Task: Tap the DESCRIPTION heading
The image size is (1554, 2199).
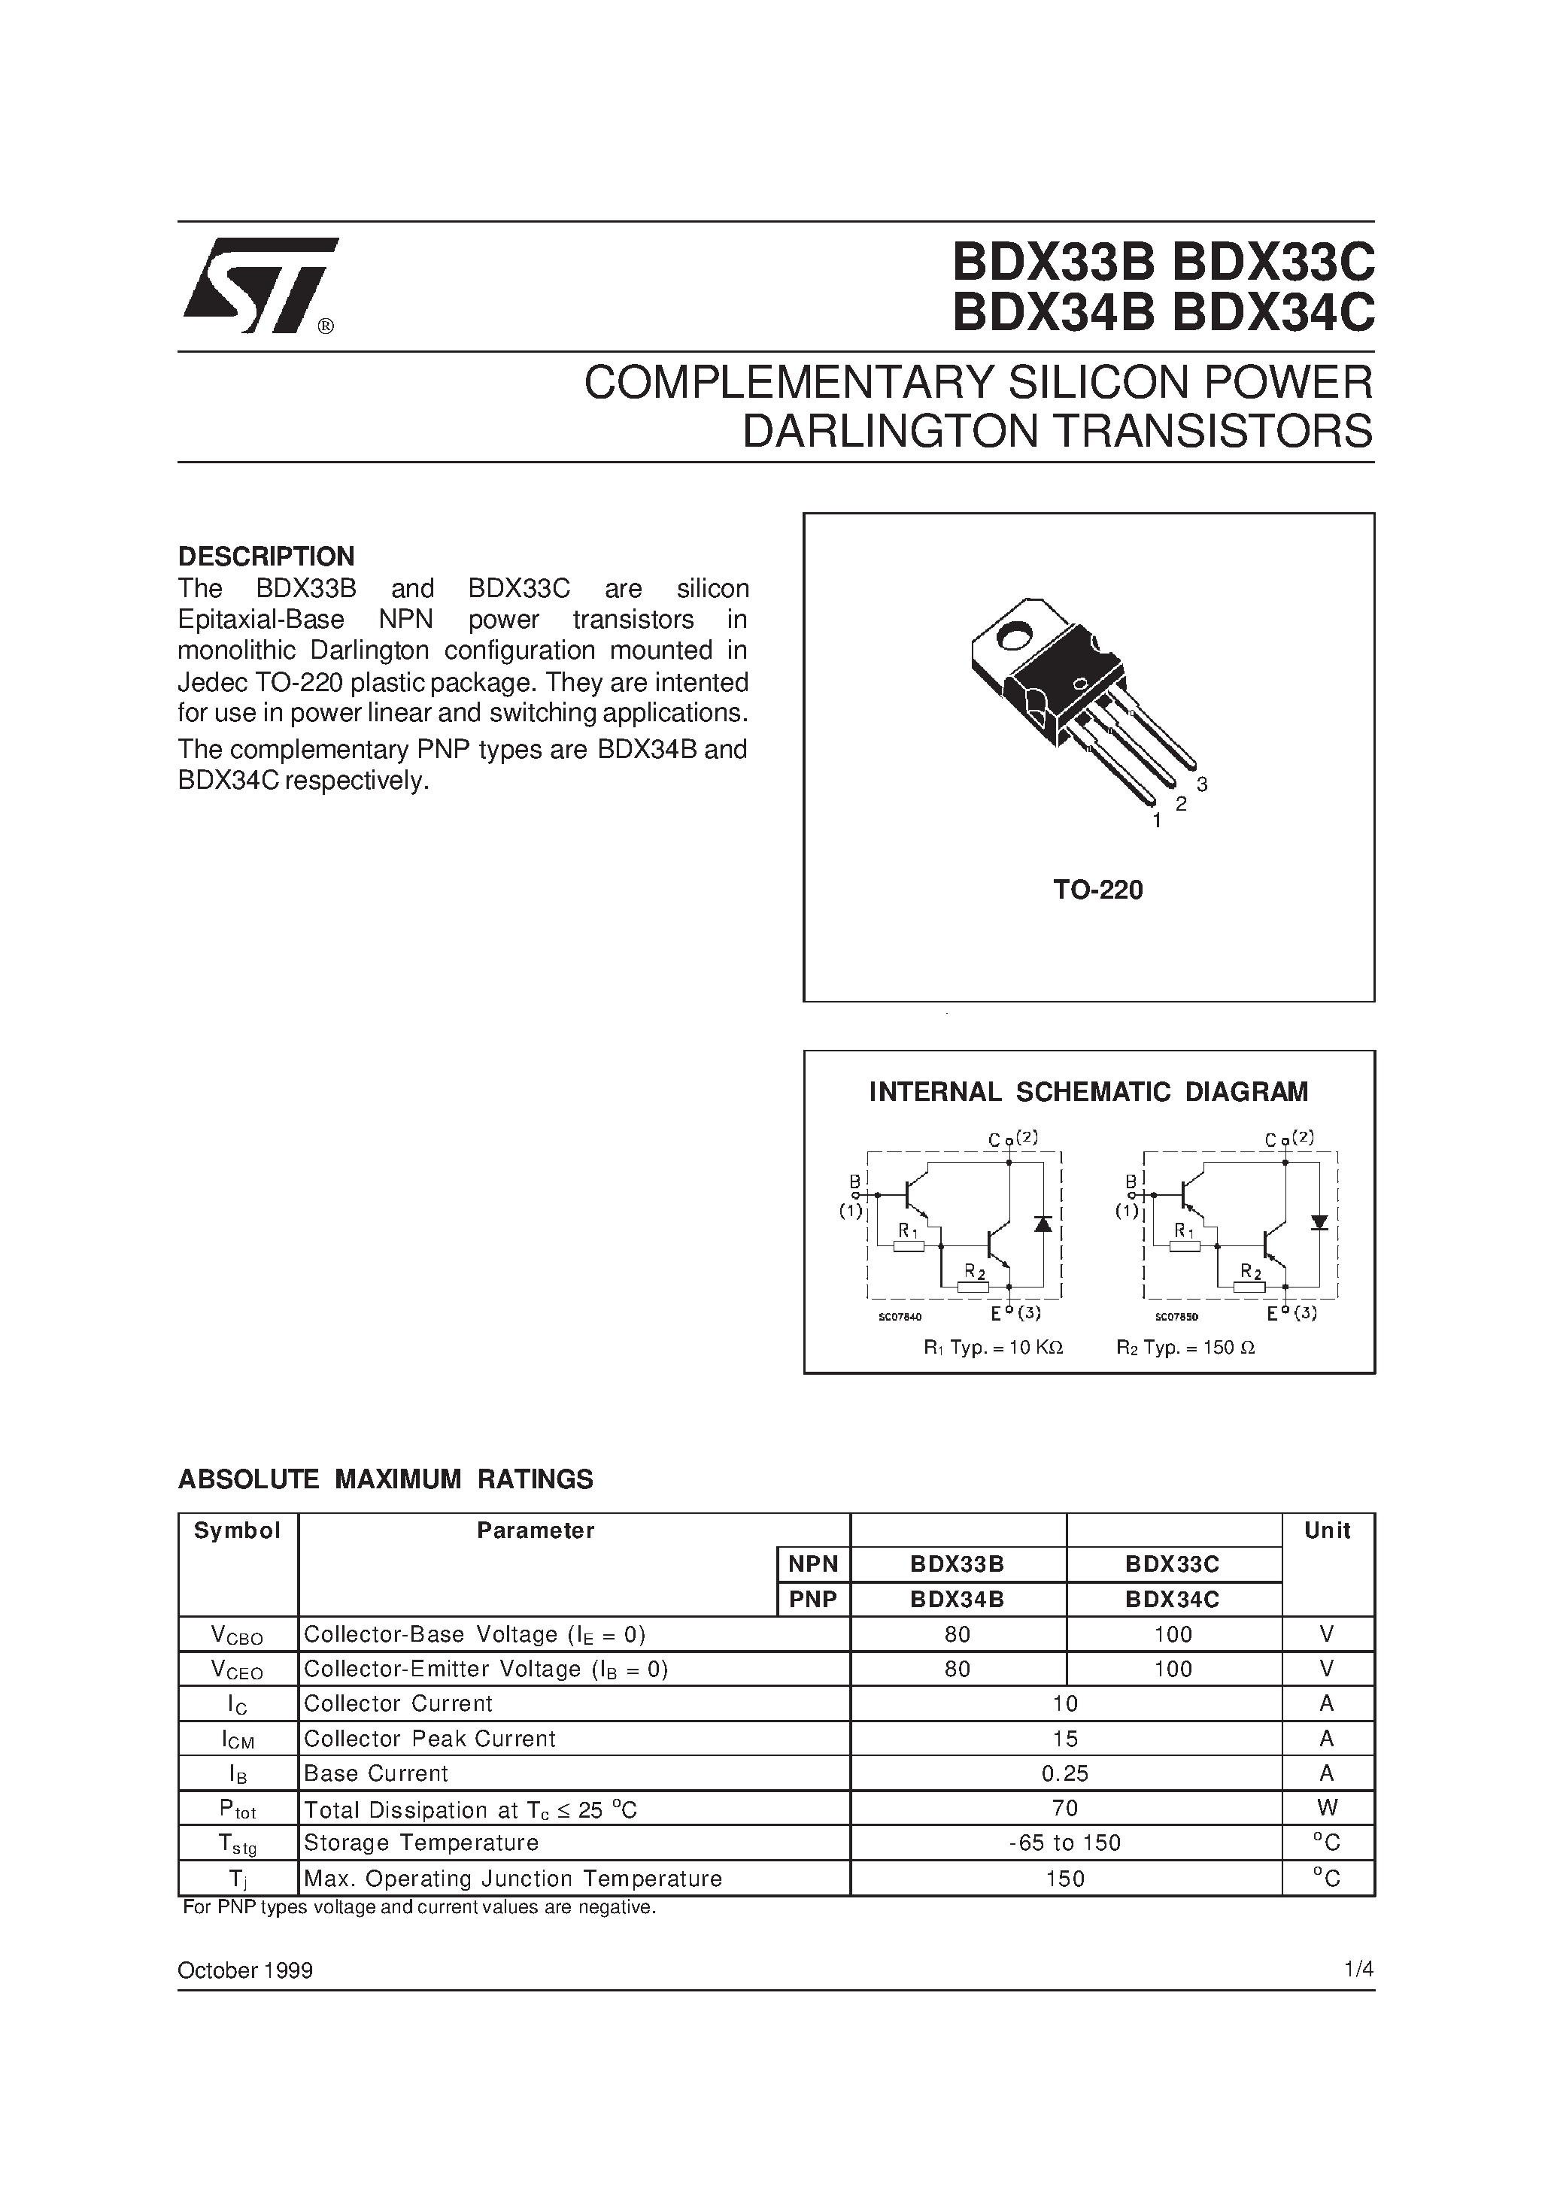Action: (266, 557)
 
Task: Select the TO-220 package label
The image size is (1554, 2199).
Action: (1098, 890)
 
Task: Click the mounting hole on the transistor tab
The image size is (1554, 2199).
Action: (1014, 634)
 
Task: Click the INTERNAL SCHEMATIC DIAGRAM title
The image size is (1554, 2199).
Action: (1088, 1092)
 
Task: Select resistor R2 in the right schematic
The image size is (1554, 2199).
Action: (1249, 1286)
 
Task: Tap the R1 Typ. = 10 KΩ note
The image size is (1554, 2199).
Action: (994, 1348)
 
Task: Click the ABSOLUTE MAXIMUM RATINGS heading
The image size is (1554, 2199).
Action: (385, 1480)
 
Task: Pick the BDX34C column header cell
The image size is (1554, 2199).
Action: (1173, 1600)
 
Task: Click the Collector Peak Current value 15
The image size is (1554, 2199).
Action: (1064, 1738)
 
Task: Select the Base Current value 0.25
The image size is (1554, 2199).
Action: (1064, 1773)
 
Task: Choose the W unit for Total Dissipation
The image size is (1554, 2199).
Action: (1327, 1807)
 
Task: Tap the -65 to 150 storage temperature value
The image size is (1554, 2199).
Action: (1064, 1843)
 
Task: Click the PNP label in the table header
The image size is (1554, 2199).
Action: (812, 1600)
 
